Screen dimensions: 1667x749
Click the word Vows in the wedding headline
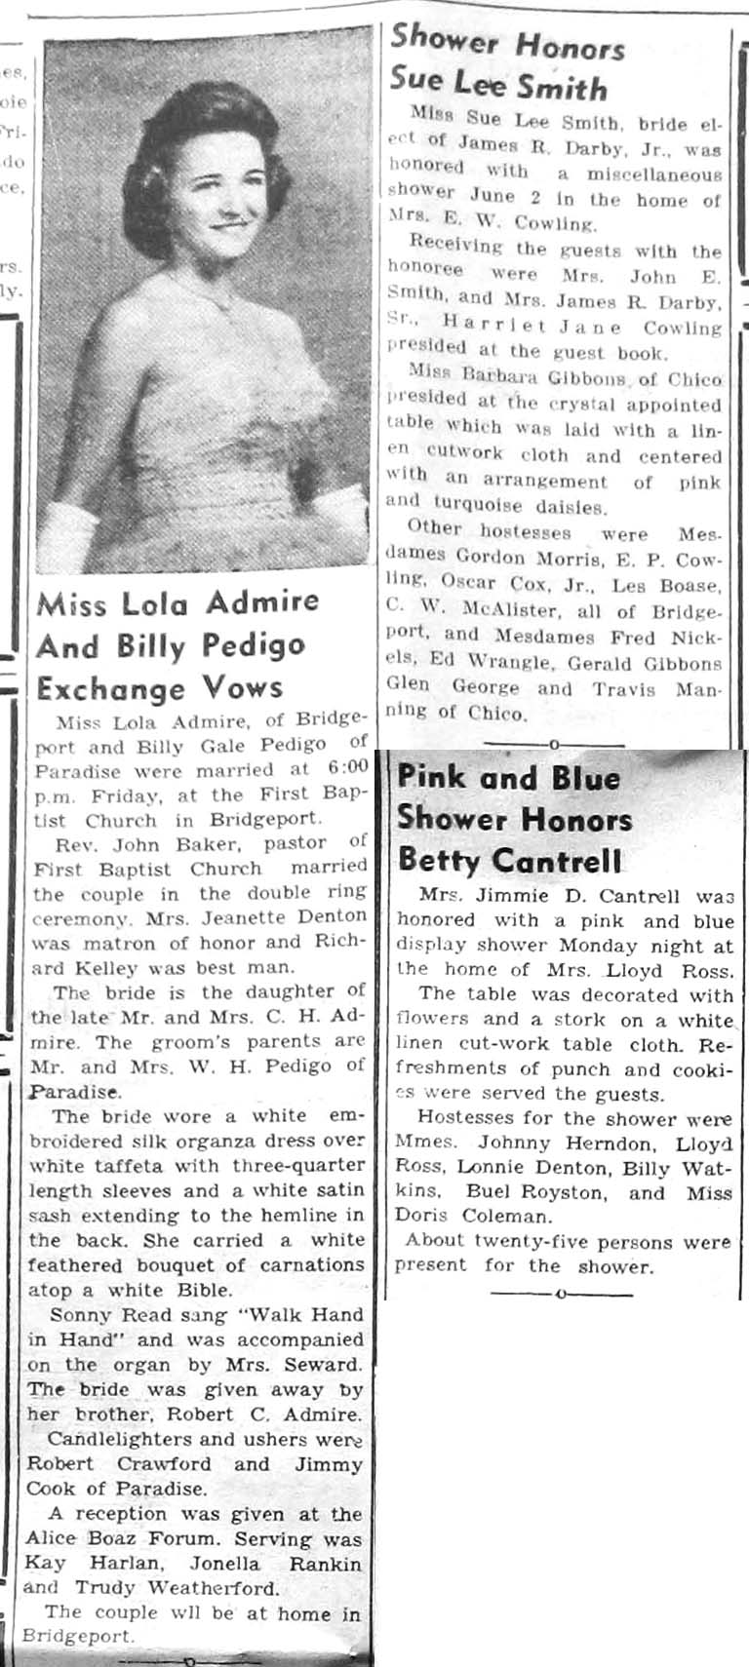click(239, 687)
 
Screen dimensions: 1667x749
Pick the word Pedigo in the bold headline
click(253, 644)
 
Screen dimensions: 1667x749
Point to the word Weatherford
click(216, 1587)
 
